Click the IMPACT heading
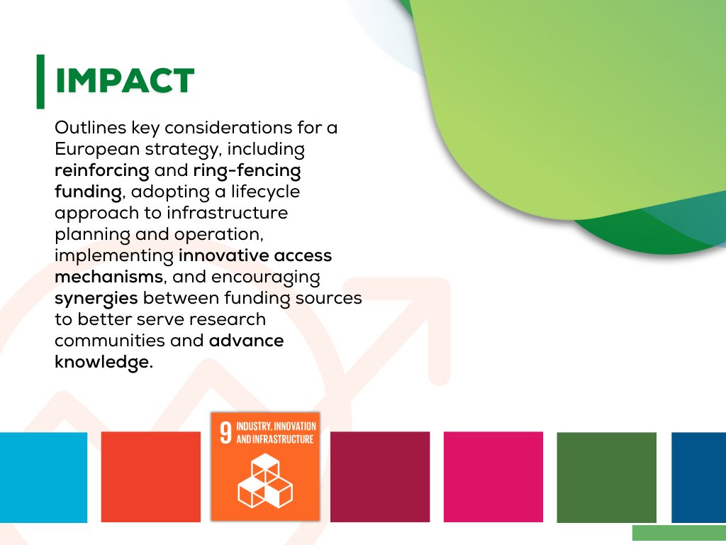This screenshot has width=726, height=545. [x=125, y=82]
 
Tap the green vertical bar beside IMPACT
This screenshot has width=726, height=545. [x=40, y=82]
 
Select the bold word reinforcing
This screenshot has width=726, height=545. [x=102, y=171]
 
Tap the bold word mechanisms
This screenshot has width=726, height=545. [x=108, y=277]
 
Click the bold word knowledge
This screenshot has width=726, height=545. [x=103, y=361]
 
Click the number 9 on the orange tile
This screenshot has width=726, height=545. [x=225, y=434]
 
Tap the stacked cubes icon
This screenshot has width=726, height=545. [x=265, y=480]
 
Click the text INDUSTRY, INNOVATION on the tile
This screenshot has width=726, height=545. [x=276, y=426]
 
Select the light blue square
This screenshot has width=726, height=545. [x=43, y=477]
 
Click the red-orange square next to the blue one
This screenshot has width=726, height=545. [x=151, y=477]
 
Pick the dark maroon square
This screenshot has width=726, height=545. [x=380, y=477]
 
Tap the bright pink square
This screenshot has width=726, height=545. [x=493, y=477]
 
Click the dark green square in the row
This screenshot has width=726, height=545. [x=606, y=477]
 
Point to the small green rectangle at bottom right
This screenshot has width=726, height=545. [x=678, y=534]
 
